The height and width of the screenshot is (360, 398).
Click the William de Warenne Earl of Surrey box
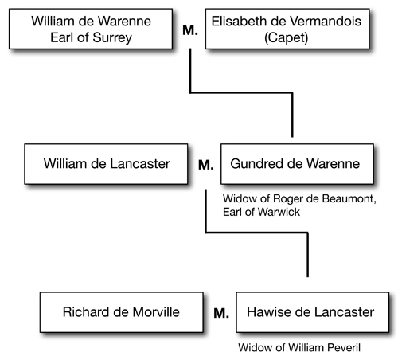91,29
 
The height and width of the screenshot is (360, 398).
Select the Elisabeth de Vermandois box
287,29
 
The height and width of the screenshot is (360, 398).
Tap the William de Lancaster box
106,164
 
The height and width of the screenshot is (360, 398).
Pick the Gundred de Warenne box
298,164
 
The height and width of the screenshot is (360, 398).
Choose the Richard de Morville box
122,312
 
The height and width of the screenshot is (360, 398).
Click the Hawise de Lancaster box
313,312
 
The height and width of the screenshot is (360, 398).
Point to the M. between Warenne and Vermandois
190,30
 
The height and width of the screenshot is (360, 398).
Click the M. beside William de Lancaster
206,165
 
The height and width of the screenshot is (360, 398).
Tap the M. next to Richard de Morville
221,313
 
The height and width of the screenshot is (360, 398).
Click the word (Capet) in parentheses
287,37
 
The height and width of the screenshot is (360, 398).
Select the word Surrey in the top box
112,38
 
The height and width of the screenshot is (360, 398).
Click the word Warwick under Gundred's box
279,212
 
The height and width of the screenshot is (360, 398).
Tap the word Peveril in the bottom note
344,348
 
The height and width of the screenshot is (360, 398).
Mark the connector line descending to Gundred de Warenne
241,92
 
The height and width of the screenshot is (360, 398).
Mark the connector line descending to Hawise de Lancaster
257,233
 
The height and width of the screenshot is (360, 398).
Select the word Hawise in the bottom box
268,312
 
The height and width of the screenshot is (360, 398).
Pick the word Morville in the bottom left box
156,312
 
